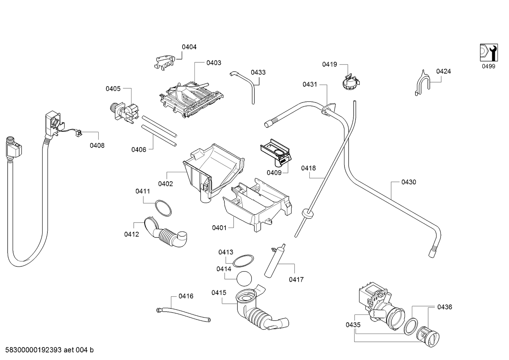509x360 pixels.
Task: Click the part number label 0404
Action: point(189,47)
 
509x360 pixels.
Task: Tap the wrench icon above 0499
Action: point(489,53)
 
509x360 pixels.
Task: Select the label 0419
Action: point(329,65)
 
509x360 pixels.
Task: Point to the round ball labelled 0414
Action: point(244,279)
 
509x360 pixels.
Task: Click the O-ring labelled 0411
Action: point(163,208)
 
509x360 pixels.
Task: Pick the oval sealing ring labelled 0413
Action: point(244,261)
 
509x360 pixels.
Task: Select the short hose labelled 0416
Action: point(183,315)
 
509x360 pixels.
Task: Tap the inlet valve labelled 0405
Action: point(125,113)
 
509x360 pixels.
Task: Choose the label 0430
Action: point(408,182)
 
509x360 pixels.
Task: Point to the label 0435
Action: point(353,325)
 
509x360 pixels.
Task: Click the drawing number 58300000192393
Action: point(33,350)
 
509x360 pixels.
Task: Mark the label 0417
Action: point(296,279)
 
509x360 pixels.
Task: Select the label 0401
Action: point(219,228)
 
